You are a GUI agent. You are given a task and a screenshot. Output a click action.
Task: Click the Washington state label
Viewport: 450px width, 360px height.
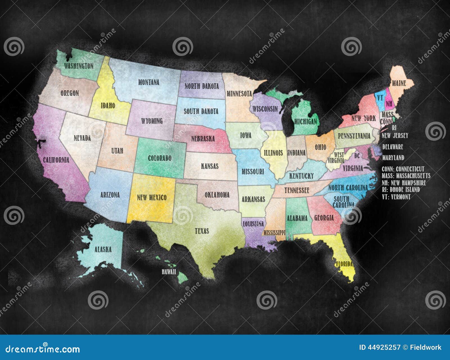click(78, 66)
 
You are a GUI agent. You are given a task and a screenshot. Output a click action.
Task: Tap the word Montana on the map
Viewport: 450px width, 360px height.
click(148, 82)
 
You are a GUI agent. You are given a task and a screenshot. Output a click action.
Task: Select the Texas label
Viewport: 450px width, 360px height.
click(202, 231)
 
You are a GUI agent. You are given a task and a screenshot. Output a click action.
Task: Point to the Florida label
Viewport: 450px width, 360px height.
click(344, 264)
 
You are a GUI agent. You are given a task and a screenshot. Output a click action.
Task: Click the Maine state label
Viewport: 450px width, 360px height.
click(399, 83)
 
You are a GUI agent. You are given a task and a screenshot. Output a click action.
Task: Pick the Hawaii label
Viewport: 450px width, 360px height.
click(169, 272)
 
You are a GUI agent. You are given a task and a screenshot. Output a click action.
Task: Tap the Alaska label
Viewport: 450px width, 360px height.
click(103, 249)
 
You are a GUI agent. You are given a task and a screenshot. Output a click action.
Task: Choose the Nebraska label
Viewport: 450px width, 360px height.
click(203, 138)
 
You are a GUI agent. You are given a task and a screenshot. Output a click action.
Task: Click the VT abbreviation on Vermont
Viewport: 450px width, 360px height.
click(380, 98)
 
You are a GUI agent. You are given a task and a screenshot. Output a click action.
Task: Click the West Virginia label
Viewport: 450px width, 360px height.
click(336, 158)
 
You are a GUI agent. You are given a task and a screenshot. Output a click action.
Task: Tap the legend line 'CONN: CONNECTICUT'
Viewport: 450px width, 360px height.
click(403, 169)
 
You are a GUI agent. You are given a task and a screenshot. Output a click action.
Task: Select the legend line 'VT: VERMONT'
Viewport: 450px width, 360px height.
click(396, 197)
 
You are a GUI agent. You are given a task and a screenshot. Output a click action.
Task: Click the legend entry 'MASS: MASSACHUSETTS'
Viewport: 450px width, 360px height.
click(406, 176)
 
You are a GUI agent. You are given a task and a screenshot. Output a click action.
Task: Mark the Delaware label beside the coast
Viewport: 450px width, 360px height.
click(393, 147)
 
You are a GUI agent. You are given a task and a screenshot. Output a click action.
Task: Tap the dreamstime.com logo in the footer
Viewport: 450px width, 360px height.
click(43, 349)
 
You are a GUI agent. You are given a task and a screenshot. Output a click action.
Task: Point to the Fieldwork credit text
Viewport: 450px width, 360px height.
click(426, 347)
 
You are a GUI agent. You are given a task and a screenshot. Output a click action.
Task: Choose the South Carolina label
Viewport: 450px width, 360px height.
click(343, 202)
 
